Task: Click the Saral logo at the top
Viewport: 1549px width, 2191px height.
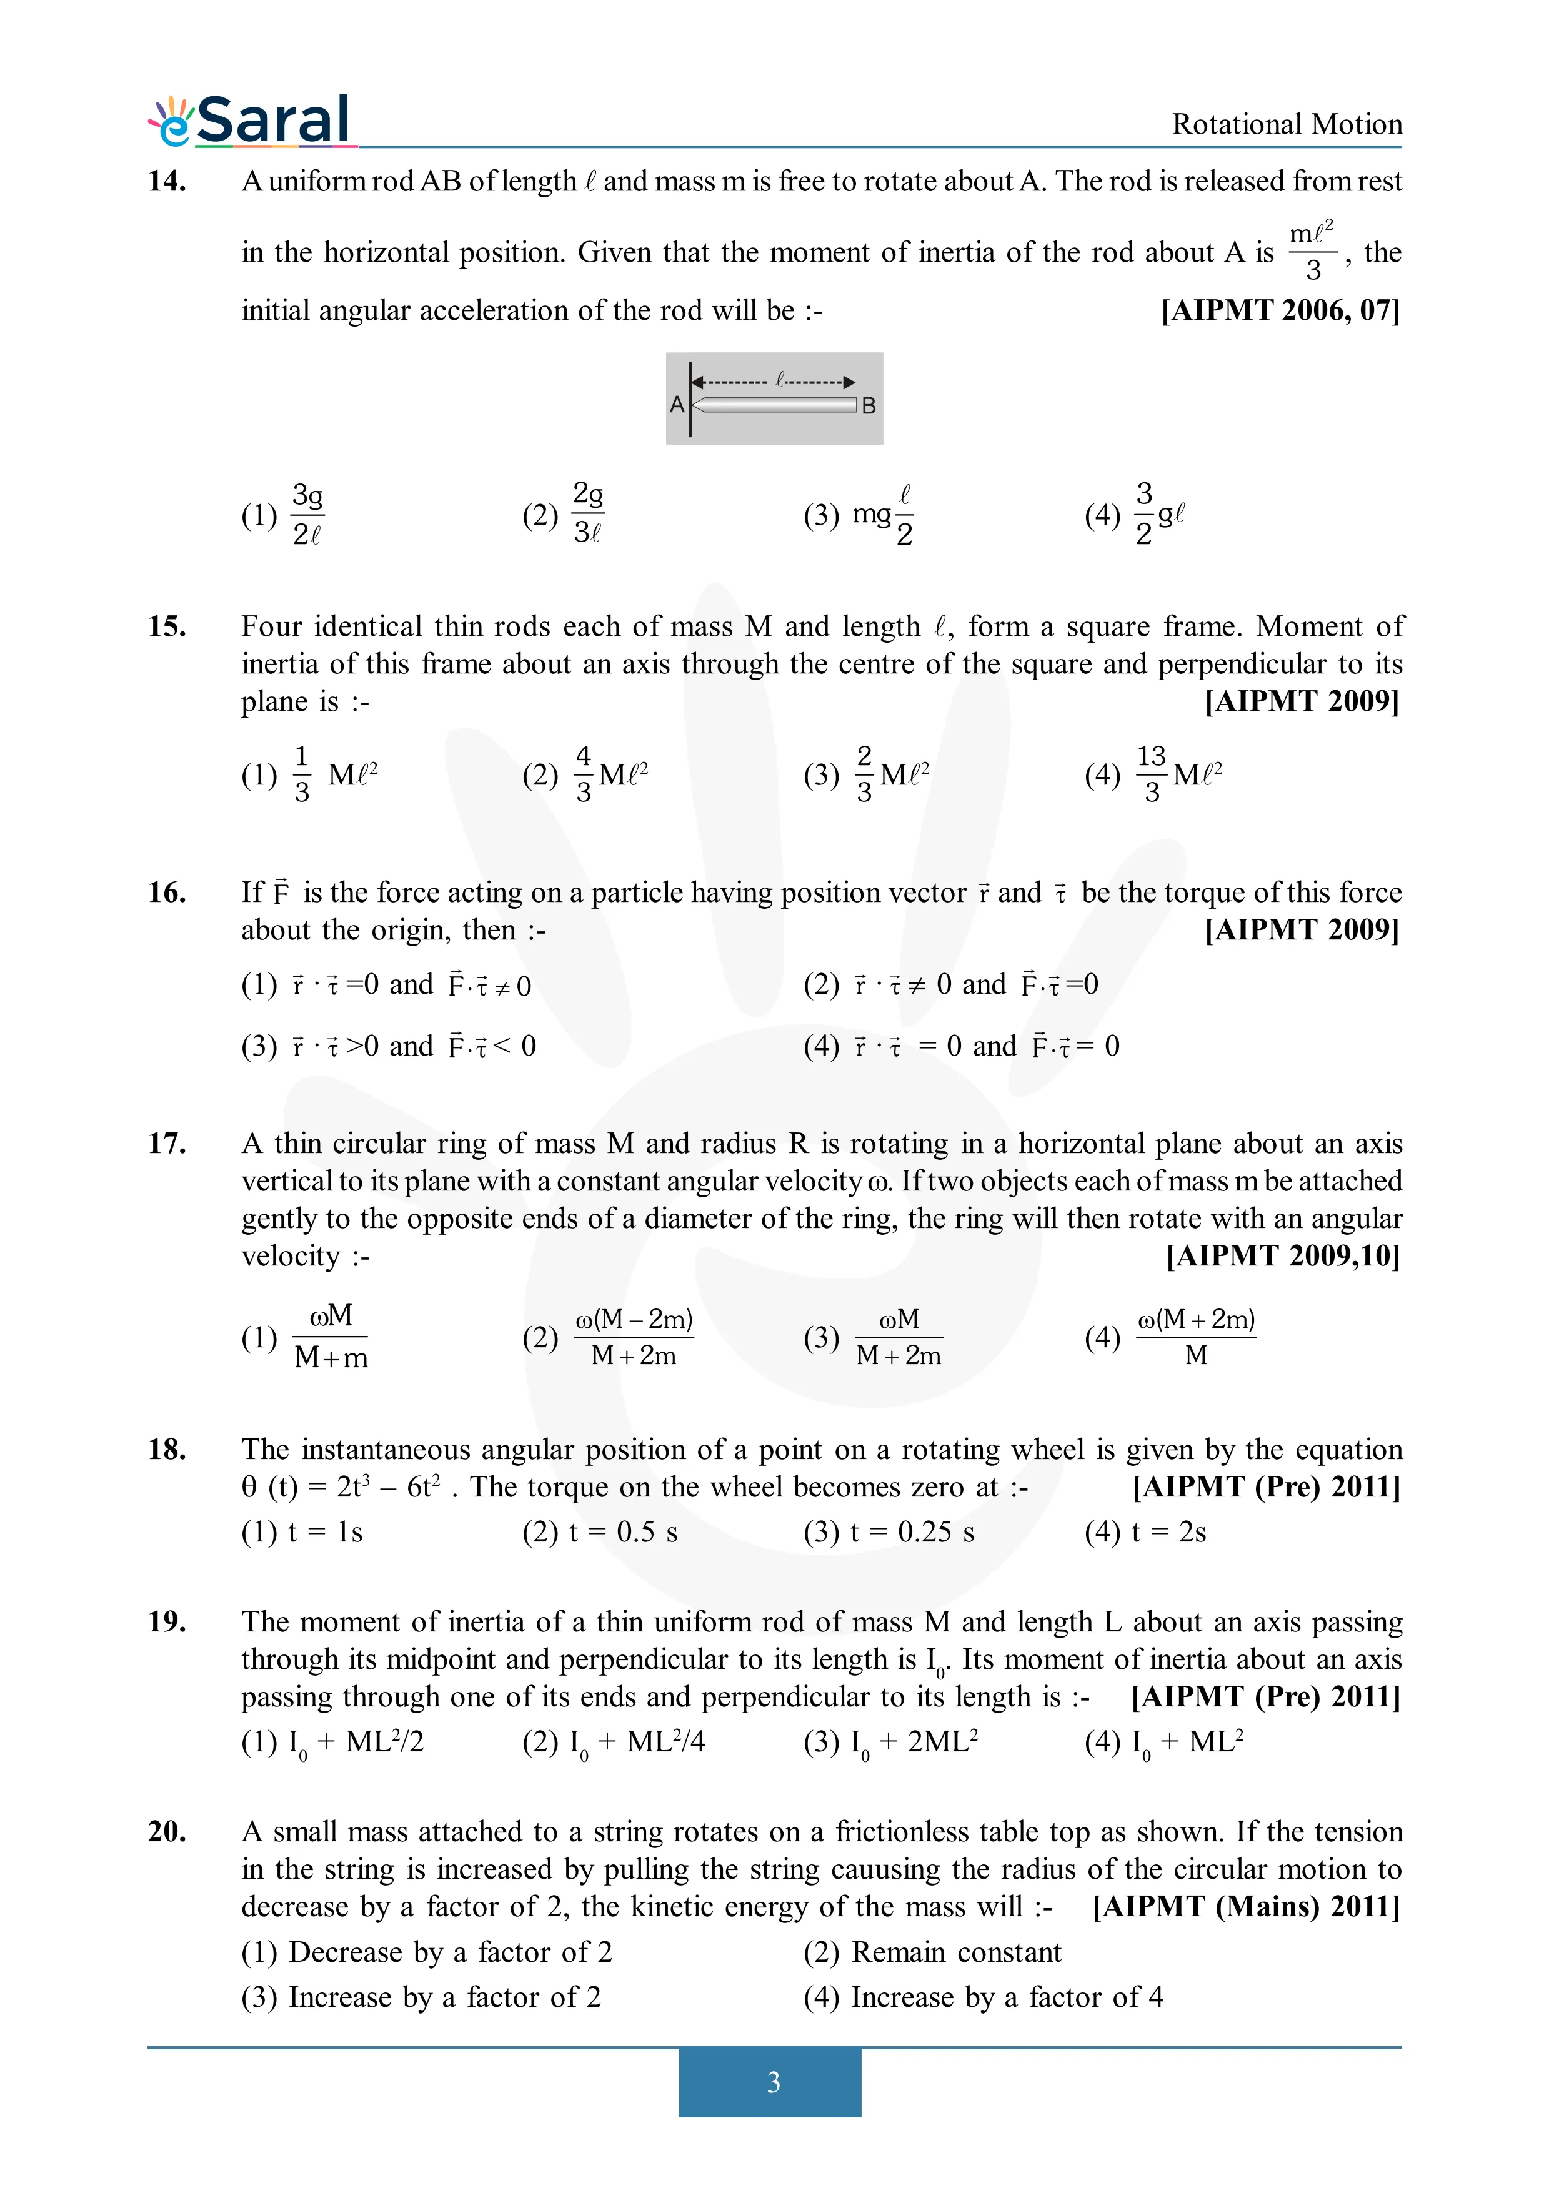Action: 251,121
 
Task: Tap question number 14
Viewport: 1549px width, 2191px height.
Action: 166,181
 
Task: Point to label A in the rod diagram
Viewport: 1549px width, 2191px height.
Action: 677,405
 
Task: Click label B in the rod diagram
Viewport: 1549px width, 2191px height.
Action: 869,405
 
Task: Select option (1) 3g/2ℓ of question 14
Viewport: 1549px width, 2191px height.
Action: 284,515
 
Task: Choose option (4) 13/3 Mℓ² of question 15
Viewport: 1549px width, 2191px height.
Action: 1153,774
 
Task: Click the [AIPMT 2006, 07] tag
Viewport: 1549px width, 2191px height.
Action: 1280,310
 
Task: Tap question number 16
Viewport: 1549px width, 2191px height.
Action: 166,893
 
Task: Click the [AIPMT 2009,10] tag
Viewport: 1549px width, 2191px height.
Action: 1283,1256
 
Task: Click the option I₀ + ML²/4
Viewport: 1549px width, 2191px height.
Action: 613,1743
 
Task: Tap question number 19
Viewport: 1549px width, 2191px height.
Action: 166,1622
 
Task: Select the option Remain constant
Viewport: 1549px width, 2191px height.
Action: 932,1952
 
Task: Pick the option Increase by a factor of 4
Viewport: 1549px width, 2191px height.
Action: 983,1997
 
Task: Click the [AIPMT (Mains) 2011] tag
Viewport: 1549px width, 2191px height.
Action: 1245,1907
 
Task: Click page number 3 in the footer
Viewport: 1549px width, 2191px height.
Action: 773,2082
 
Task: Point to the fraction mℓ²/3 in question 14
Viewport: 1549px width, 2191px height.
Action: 1312,252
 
